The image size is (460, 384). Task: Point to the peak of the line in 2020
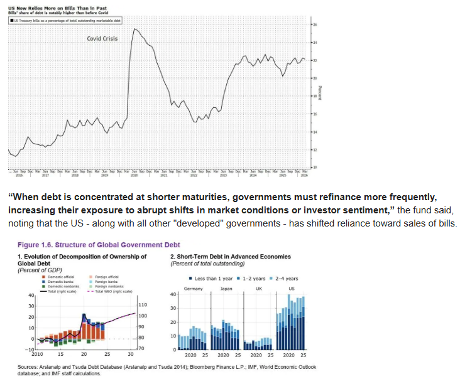pos(134,29)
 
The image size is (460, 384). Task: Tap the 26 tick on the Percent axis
pos(315,24)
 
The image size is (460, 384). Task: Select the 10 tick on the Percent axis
pos(315,168)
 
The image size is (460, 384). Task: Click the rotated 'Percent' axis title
pos(320,92)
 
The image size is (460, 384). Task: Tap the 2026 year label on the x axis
pos(304,176)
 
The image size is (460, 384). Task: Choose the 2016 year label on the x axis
pos(18,176)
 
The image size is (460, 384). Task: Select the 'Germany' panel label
pos(194,288)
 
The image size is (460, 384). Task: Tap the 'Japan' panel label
pos(227,288)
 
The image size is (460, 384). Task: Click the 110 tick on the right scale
pos(143,304)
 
